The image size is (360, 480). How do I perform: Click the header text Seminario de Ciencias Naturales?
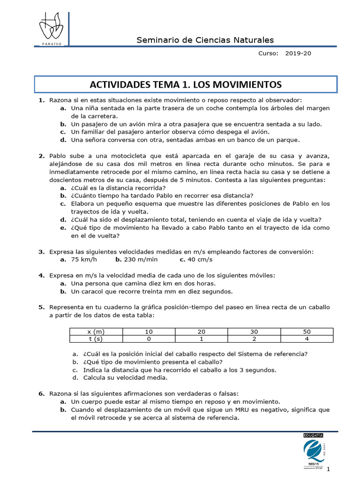[205, 40]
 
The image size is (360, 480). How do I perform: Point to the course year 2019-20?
[298, 53]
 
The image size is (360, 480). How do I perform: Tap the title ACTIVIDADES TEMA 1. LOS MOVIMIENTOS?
[186, 84]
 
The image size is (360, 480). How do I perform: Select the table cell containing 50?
[307, 331]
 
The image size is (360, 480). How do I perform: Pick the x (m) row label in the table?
[96, 331]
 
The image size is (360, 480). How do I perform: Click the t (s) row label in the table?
[96, 339]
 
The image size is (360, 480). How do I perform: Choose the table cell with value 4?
[307, 339]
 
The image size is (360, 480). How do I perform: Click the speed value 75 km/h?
[84, 259]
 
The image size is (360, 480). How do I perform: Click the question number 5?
[41, 307]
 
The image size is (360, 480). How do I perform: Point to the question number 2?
[41, 156]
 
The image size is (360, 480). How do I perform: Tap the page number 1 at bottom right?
[329, 469]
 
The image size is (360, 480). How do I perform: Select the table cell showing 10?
[149, 331]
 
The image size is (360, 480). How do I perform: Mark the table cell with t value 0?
[149, 339]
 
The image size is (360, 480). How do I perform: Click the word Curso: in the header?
[269, 53]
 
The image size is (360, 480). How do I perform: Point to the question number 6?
[41, 394]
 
